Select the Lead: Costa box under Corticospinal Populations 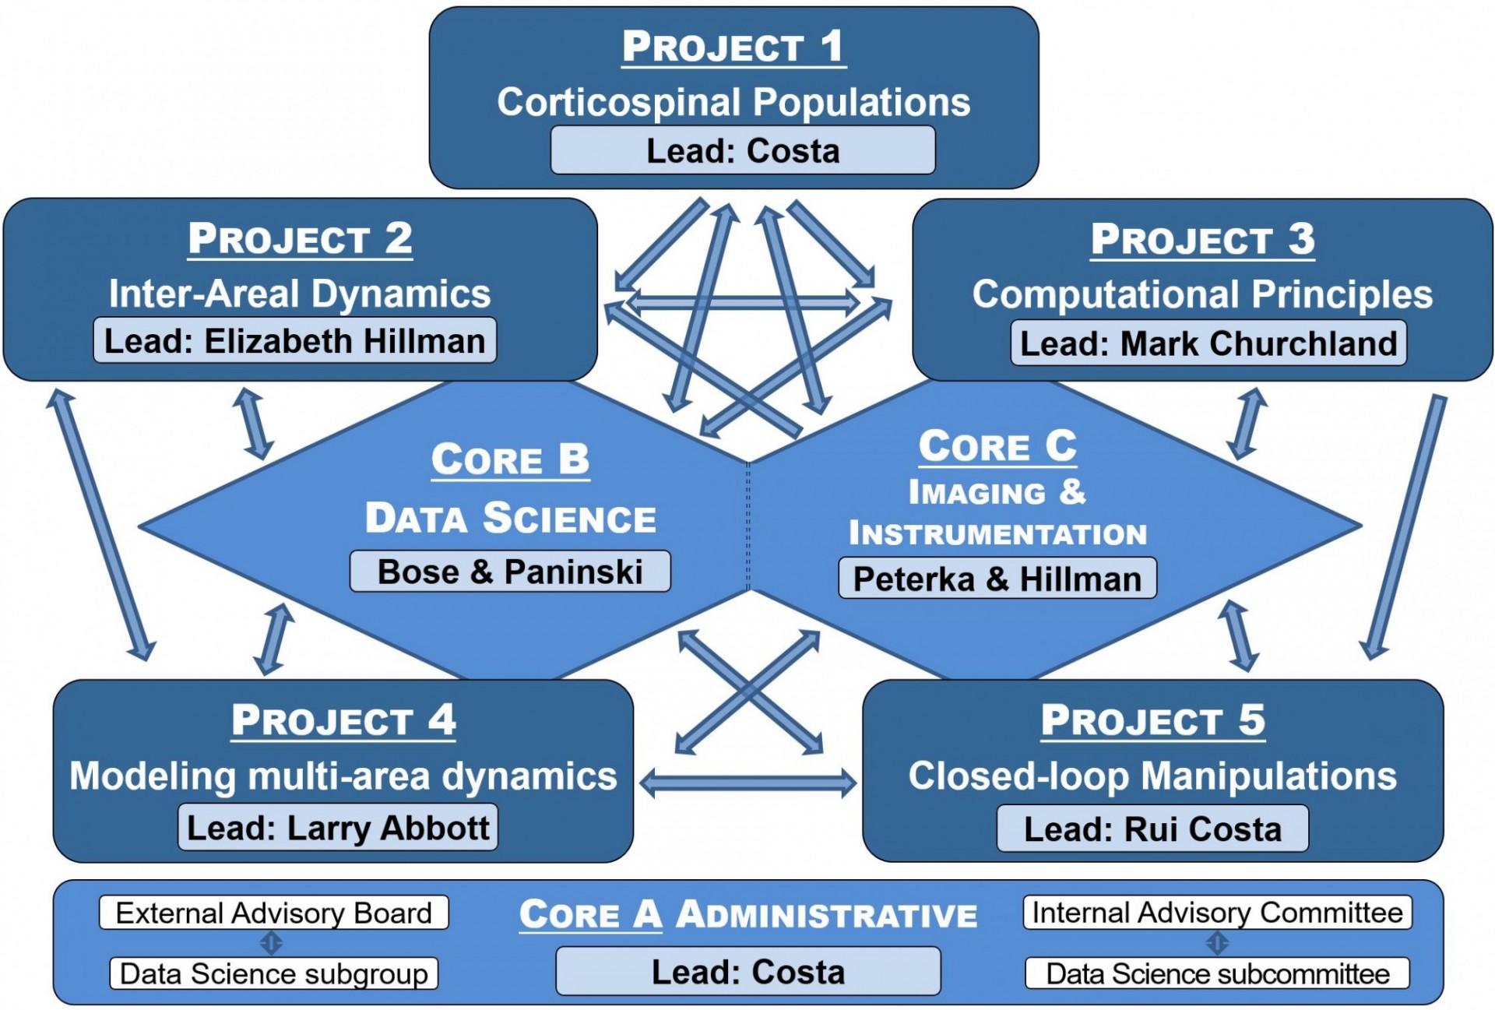pos(743,150)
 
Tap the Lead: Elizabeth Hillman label pos(294,340)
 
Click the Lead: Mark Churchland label pos(1208,343)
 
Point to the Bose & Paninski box pos(510,572)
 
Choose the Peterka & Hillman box pos(997,579)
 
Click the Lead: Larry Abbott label pos(338,827)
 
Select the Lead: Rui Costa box pos(1152,829)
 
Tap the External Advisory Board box pos(274,913)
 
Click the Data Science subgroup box pos(274,973)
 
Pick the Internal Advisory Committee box pos(1217,912)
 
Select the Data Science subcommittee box pos(1217,973)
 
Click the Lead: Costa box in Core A pos(748,971)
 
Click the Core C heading pos(997,446)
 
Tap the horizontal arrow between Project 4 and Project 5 pos(748,782)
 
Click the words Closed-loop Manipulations pos(1152,776)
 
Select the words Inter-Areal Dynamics pos(300,294)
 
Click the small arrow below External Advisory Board pos(271,943)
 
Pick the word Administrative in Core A pos(826,914)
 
